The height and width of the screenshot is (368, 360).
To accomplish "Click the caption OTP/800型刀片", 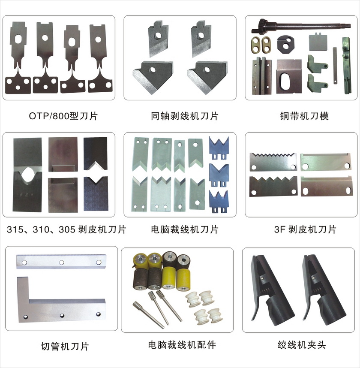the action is pos(63,116).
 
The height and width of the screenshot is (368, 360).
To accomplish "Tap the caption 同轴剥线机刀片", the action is pos(185,116).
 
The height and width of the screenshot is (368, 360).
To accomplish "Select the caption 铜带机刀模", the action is pos(304,116).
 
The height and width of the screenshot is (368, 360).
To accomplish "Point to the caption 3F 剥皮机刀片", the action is pos(305,229).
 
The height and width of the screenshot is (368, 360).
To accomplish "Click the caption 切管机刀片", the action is pos(65,346).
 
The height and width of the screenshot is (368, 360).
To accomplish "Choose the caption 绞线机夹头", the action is pos(302,345).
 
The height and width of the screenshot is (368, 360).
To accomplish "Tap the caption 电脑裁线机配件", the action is pos(182,345).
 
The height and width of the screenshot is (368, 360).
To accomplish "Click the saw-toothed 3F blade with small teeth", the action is pos(273,162).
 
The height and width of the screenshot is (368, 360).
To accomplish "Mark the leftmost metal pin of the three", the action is pos(149,315).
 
